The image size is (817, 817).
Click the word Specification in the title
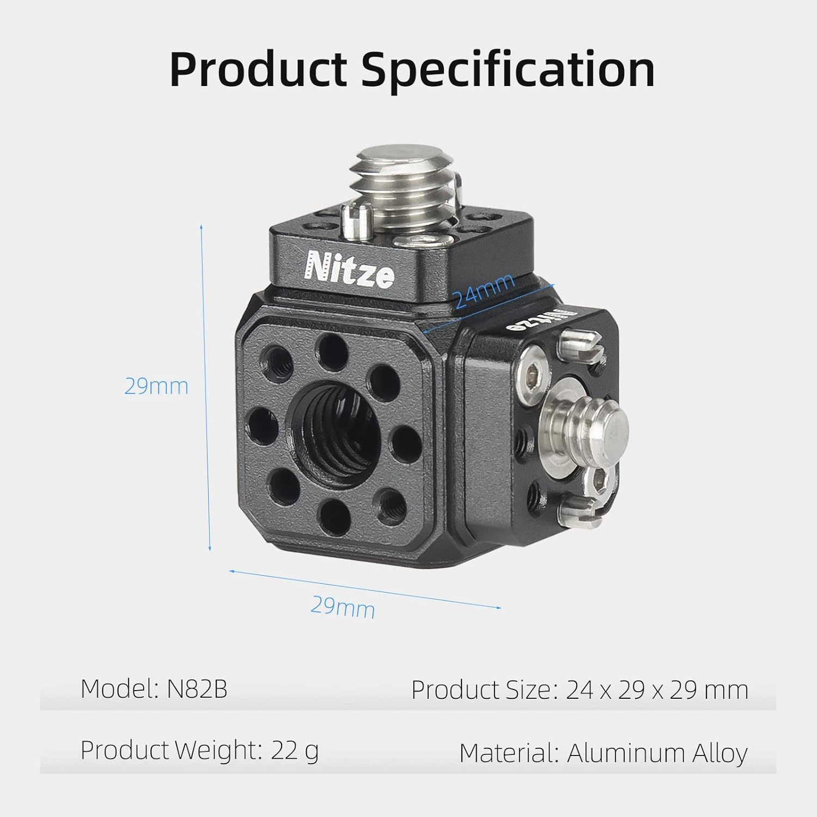[508, 70]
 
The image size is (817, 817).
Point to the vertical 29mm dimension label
[156, 386]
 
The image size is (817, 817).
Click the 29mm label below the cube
[343, 606]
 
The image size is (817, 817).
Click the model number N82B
[197, 689]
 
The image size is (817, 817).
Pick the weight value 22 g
[295, 751]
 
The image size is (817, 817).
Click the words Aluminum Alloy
[657, 753]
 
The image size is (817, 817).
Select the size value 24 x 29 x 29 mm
[657, 690]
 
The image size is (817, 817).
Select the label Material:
[509, 753]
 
